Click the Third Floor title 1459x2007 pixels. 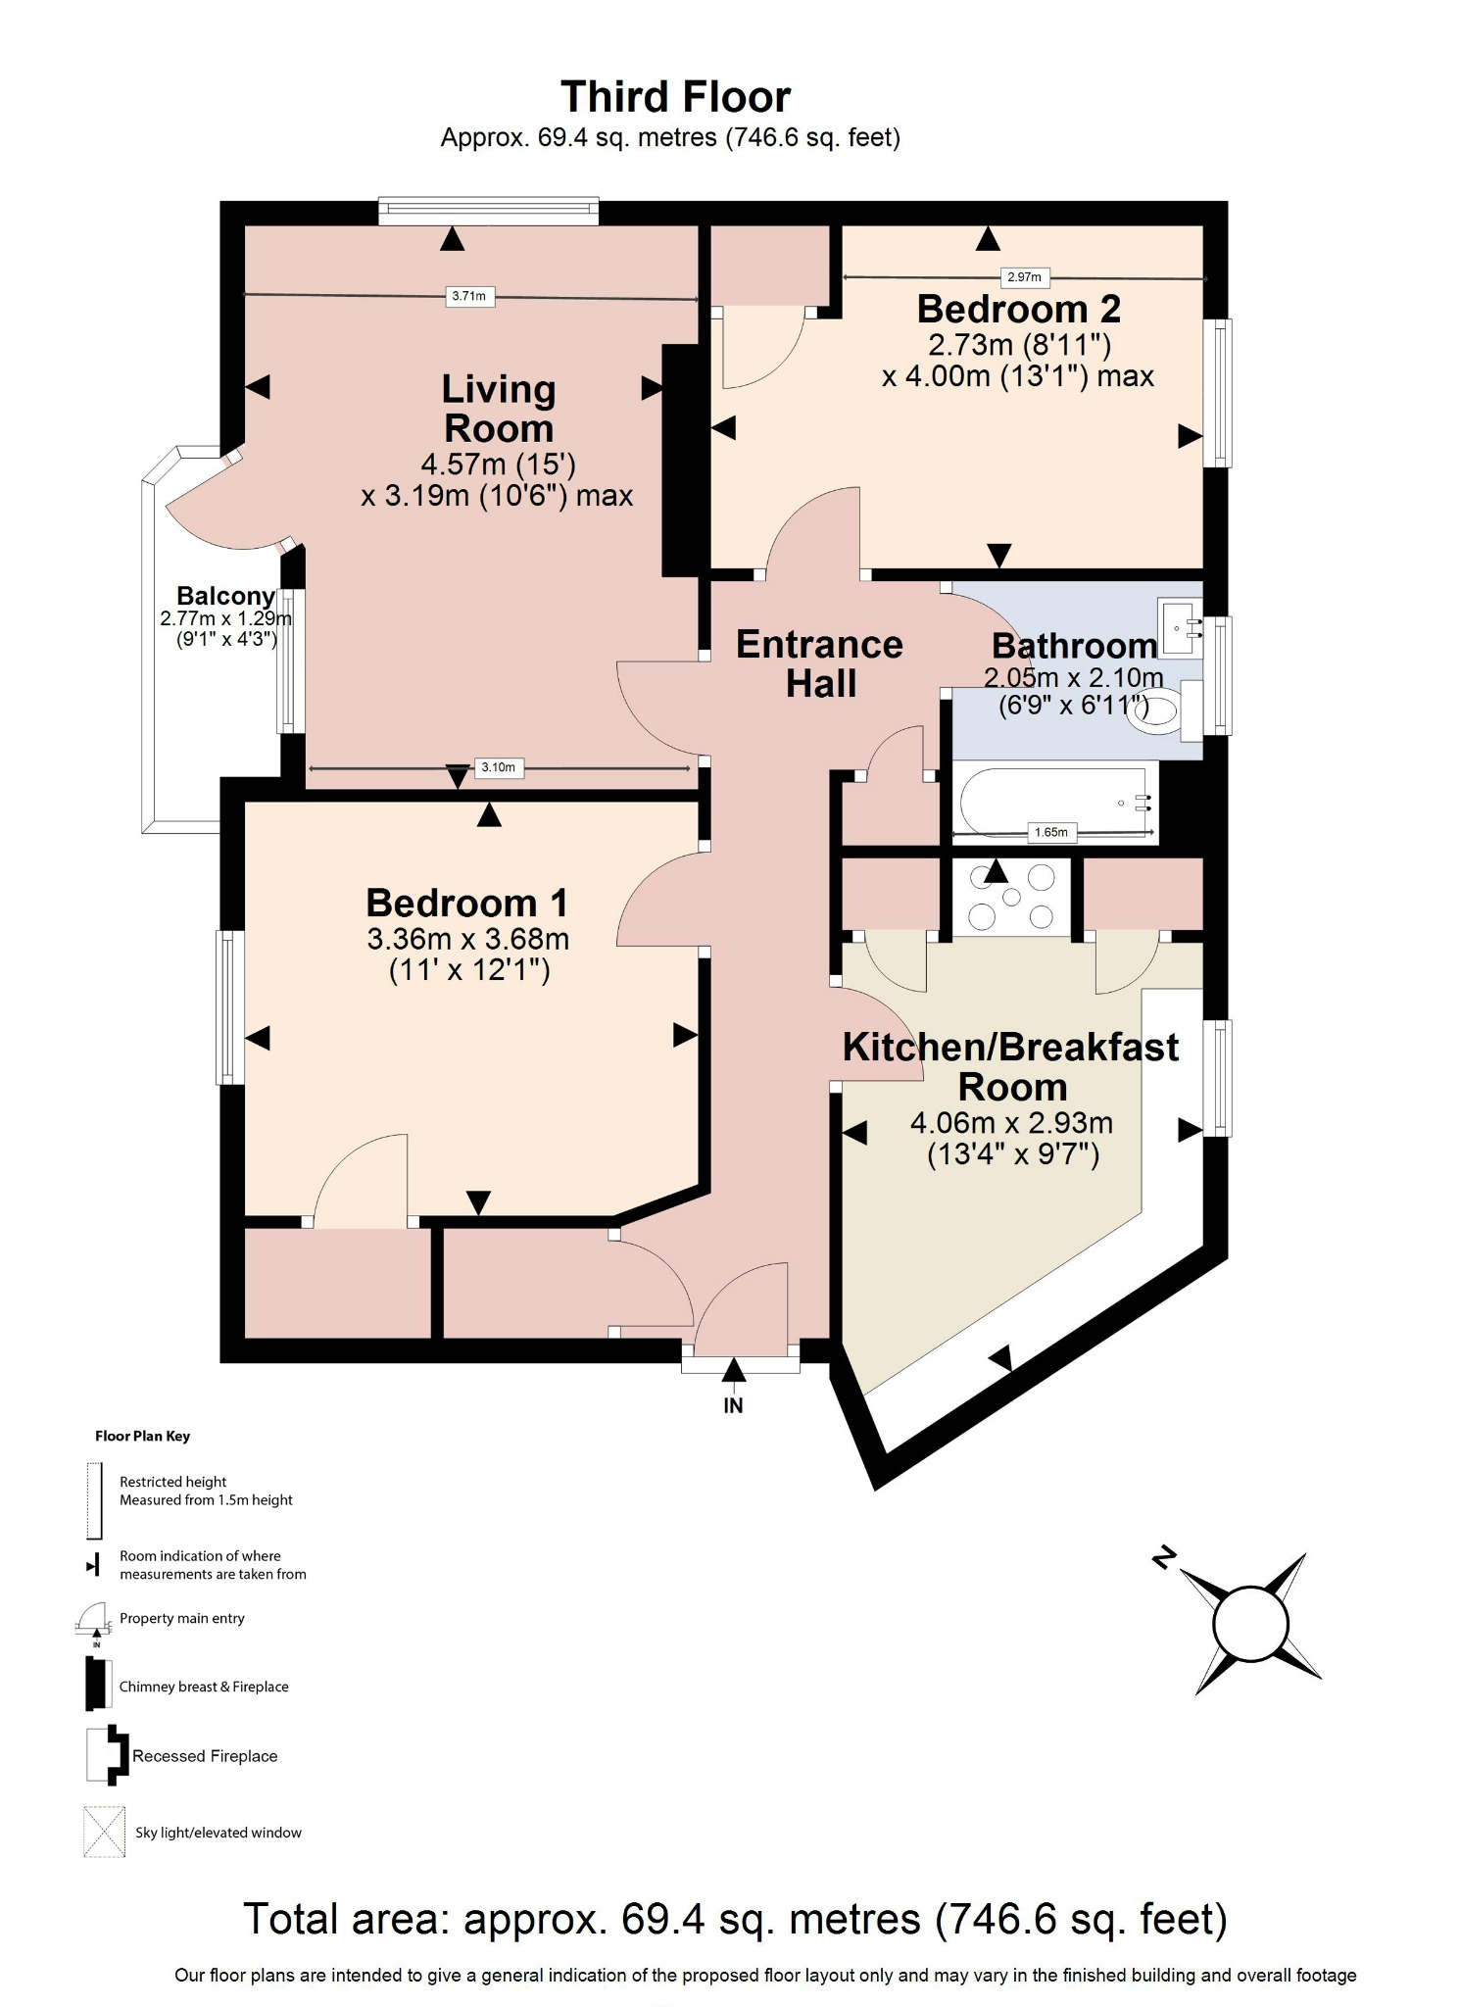(675, 97)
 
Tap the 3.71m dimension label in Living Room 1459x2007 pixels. (468, 296)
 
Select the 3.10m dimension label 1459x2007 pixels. (498, 767)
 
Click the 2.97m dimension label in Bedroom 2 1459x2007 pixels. (1024, 277)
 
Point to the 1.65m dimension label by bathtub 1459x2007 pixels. (1050, 832)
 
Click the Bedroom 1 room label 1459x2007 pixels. (466, 903)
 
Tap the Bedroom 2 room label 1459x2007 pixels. (1018, 309)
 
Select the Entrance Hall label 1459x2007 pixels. (819, 663)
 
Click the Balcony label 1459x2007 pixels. (225, 596)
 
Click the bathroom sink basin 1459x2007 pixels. (1180, 621)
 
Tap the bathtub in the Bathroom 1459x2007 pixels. (1053, 801)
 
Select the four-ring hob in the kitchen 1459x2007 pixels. (1011, 897)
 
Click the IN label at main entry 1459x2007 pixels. (733, 1405)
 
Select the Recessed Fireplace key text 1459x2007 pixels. (205, 1756)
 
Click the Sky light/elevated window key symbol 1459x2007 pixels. (105, 1832)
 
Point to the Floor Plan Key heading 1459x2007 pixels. (142, 1436)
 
